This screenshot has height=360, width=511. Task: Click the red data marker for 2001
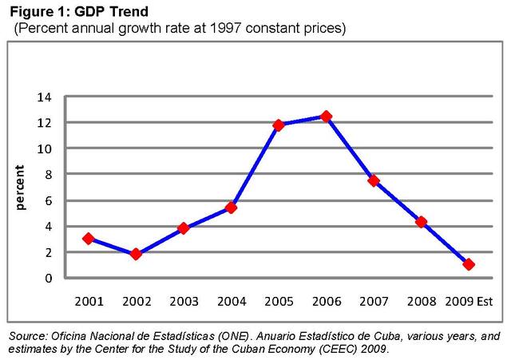click(x=88, y=239)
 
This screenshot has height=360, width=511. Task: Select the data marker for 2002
click(x=136, y=254)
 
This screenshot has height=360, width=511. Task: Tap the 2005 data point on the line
click(x=279, y=125)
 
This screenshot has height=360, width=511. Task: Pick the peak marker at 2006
click(x=326, y=117)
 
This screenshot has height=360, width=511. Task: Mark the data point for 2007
click(x=374, y=181)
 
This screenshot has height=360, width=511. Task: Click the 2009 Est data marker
click(x=469, y=264)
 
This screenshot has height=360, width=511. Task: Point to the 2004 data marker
click(x=231, y=208)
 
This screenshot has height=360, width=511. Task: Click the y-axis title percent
click(x=22, y=188)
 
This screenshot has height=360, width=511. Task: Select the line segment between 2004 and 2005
click(x=255, y=166)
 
